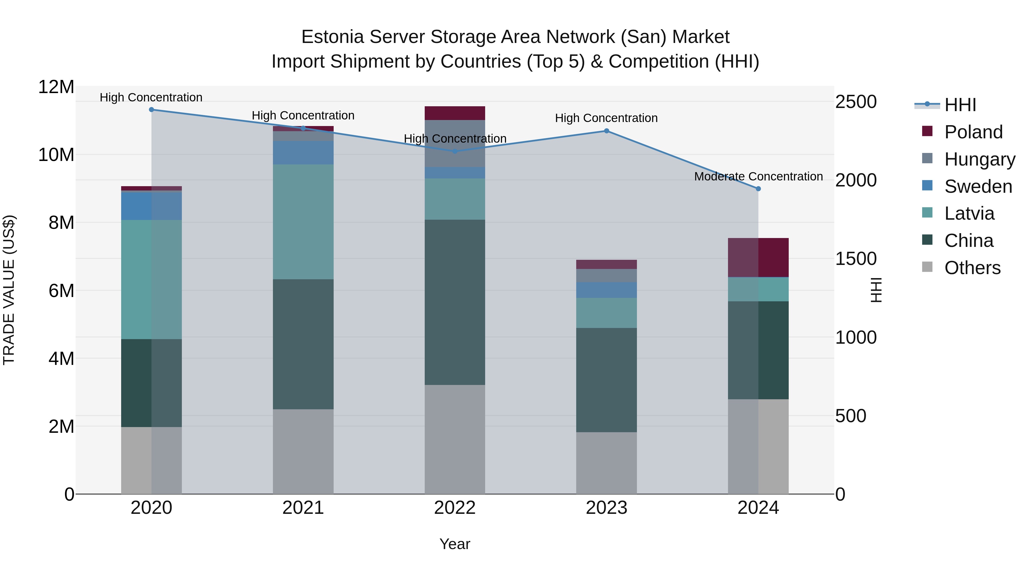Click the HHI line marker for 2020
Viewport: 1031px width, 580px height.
pyautogui.click(x=151, y=110)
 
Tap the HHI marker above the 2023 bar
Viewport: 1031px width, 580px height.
pyautogui.click(x=606, y=131)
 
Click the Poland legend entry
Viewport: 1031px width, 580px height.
pyautogui.click(x=973, y=132)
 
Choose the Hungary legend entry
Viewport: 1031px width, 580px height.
pyautogui.click(x=979, y=159)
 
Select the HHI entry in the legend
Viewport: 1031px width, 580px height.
pyautogui.click(x=960, y=105)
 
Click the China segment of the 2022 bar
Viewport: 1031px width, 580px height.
pyautogui.click(x=455, y=302)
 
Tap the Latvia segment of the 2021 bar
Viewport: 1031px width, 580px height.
pyautogui.click(x=303, y=222)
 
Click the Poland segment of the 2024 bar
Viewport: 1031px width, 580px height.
pyautogui.click(x=758, y=257)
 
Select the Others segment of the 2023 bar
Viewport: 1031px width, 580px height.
pyautogui.click(x=606, y=463)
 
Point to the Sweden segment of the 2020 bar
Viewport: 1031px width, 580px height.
pyautogui.click(x=151, y=206)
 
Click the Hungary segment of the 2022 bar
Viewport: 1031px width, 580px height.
pyautogui.click(x=455, y=143)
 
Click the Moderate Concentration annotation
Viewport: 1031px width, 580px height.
pyautogui.click(x=758, y=176)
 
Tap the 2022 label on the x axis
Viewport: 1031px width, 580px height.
pyautogui.click(x=455, y=508)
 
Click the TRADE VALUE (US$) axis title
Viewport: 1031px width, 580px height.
pyautogui.click(x=9, y=290)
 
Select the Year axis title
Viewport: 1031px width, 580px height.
pyautogui.click(x=455, y=544)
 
